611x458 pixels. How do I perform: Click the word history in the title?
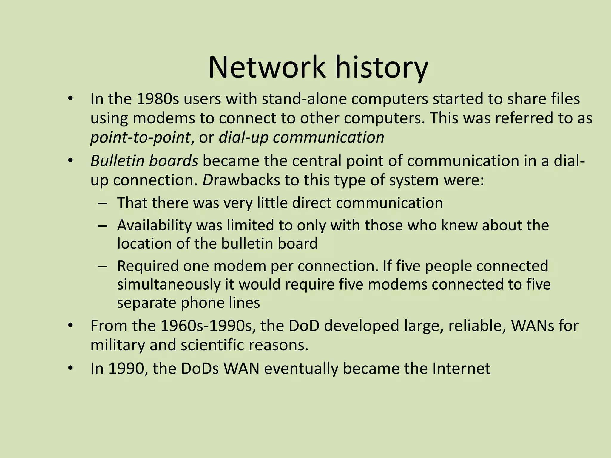click(382, 68)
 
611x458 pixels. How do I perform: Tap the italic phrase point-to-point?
click(140, 138)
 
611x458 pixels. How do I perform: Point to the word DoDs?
click(200, 369)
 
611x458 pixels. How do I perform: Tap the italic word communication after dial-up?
click(328, 138)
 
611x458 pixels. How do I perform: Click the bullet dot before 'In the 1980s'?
click(70, 99)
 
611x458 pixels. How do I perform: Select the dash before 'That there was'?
click(102, 203)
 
